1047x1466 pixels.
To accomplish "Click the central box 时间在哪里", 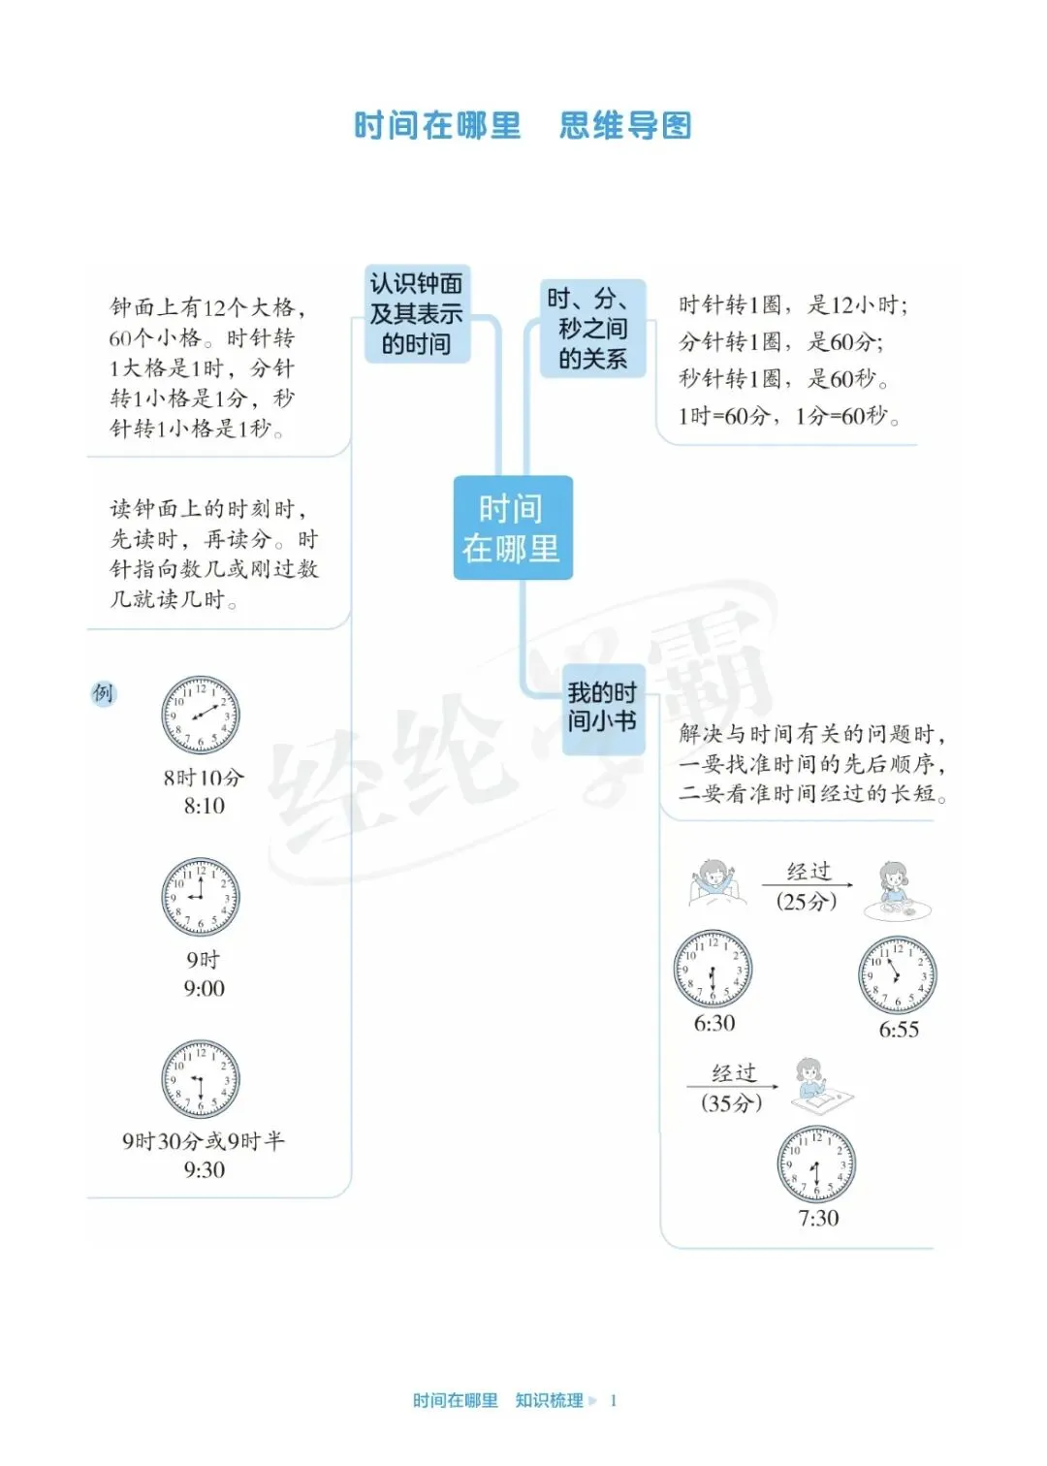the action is [512, 528].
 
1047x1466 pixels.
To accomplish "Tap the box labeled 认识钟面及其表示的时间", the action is [417, 314].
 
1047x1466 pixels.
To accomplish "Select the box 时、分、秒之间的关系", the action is [592, 328].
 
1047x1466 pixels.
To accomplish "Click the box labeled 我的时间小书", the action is [602, 707].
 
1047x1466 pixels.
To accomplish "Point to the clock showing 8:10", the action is [201, 716].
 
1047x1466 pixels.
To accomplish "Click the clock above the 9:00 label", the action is [201, 897].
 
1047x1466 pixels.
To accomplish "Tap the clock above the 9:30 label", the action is [201, 1079].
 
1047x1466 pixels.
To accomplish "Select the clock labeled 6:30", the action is [714, 970].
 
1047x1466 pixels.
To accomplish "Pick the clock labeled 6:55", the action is [898, 975].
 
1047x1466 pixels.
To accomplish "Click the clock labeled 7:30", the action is [816, 1164].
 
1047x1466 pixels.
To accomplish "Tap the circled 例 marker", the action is [103, 693].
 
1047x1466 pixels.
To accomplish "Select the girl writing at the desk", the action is [816, 1083].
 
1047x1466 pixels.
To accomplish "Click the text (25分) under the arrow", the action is [807, 902].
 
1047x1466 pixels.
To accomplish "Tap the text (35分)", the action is [732, 1102].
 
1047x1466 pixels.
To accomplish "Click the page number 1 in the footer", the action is [614, 1400].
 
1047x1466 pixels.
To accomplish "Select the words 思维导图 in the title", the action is [625, 126].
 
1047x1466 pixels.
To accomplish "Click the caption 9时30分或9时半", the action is [204, 1141].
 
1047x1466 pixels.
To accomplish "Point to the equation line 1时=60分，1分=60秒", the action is [789, 416].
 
